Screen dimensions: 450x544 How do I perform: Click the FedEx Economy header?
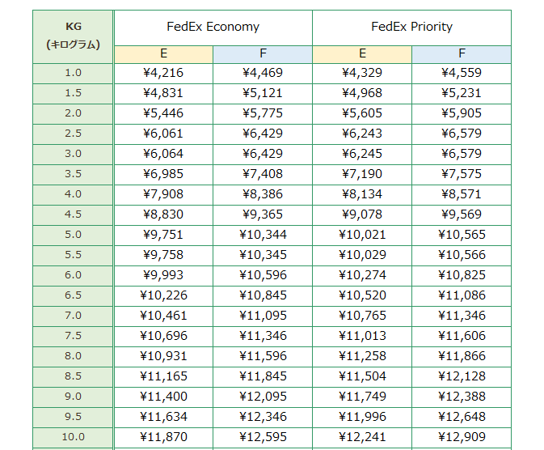coord(213,27)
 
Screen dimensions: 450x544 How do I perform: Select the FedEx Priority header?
coord(411,27)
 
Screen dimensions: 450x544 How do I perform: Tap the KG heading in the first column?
coord(74,26)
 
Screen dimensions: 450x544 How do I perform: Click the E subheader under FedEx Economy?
coord(163,54)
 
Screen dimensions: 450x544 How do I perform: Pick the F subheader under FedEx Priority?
coord(462,54)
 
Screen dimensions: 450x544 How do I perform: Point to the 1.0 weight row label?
coord(74,73)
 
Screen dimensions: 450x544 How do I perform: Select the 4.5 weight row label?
coord(74,214)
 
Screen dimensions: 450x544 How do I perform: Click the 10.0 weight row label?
coord(74,437)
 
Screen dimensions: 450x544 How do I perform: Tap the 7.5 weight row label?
coord(74,336)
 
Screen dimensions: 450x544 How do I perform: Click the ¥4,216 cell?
coord(163,73)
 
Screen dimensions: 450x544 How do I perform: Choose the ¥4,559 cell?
coord(462,73)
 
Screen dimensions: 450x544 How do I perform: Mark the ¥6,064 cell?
coord(163,154)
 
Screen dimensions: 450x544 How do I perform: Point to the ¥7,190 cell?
coord(362,174)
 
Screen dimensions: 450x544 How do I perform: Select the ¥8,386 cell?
coord(263,194)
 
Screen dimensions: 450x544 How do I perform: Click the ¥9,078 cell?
coord(362,214)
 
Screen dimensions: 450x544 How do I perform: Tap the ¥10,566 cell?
coord(462,255)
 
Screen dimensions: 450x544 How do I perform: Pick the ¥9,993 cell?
coord(163,275)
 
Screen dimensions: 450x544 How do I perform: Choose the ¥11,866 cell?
coord(462,356)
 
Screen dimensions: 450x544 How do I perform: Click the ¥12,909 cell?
coord(462,437)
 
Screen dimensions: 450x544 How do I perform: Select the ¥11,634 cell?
coord(163,417)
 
